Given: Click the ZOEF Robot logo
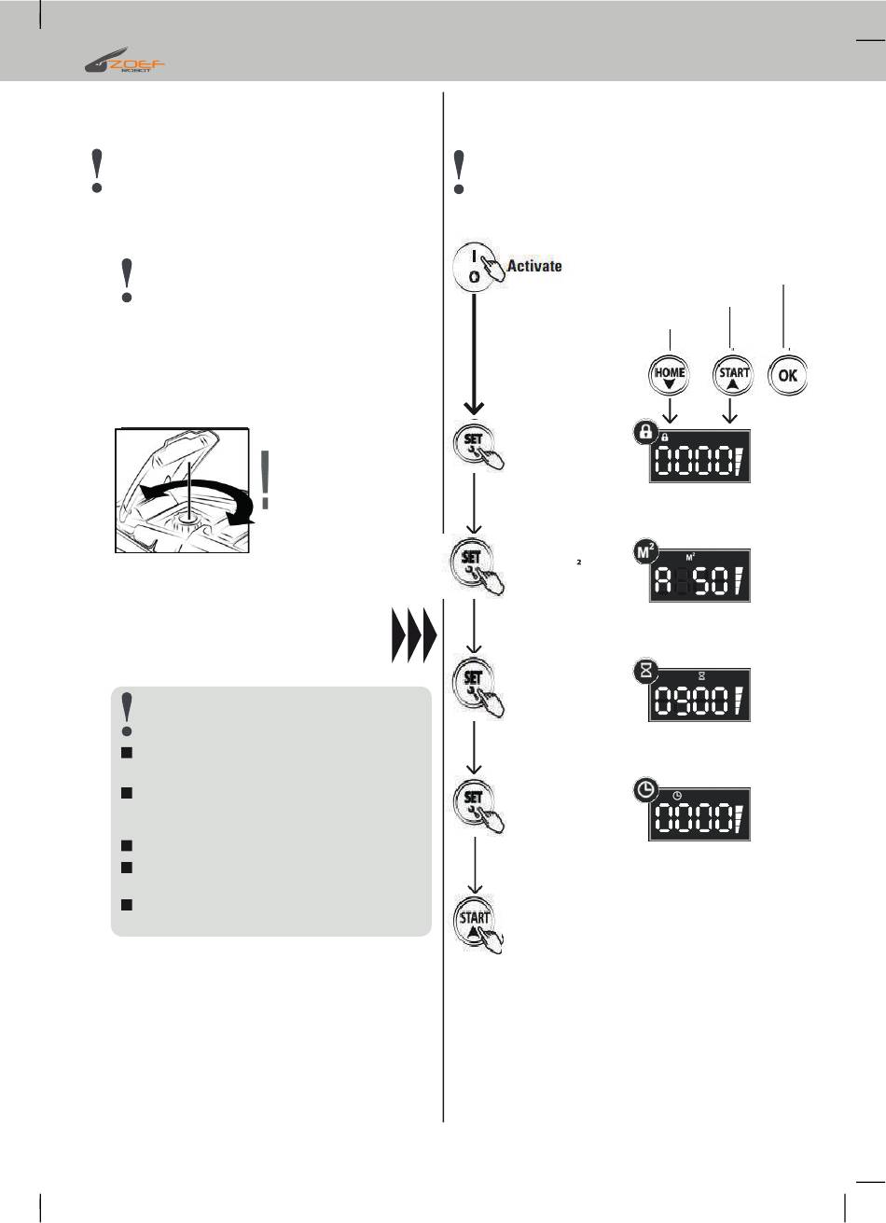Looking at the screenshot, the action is pyautogui.click(x=126, y=64).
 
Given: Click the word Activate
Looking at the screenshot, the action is pyautogui.click(x=534, y=267).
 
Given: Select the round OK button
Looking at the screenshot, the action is pyautogui.click(x=788, y=376).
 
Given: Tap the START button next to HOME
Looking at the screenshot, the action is pyautogui.click(x=734, y=376).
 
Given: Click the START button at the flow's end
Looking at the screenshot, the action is pyautogui.click(x=477, y=923).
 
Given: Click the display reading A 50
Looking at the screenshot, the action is pyautogui.click(x=699, y=577).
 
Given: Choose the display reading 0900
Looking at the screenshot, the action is pyautogui.click(x=699, y=695).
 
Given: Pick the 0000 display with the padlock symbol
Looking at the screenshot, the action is pyautogui.click(x=699, y=456).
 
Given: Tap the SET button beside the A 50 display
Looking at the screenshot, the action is pyautogui.click(x=477, y=564).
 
